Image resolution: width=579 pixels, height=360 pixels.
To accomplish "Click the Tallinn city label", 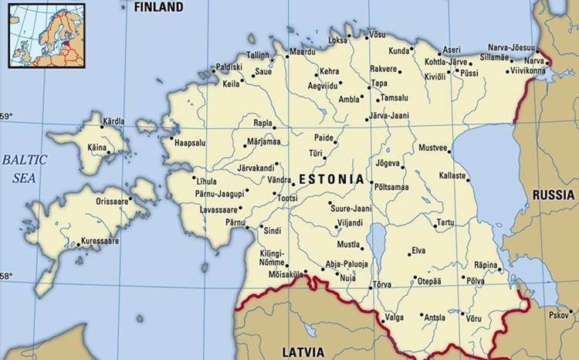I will point(257,55).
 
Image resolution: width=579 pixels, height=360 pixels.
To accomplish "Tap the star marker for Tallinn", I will point(272,59).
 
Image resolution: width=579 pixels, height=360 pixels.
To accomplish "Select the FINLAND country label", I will point(158,8).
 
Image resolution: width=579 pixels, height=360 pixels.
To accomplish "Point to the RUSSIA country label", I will point(553,195).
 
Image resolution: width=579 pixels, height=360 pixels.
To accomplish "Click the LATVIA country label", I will point(303,352).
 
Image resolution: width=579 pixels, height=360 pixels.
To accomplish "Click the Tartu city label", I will point(445,222).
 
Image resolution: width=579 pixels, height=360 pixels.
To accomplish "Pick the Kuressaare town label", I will point(100,241).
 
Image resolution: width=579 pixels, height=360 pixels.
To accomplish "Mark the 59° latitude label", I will point(6,117).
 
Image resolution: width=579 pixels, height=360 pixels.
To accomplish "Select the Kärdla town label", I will point(113,121).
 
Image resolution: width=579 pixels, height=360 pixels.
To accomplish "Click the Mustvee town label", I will point(432,148).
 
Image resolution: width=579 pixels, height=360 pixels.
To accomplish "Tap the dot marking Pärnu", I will point(247,227).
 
